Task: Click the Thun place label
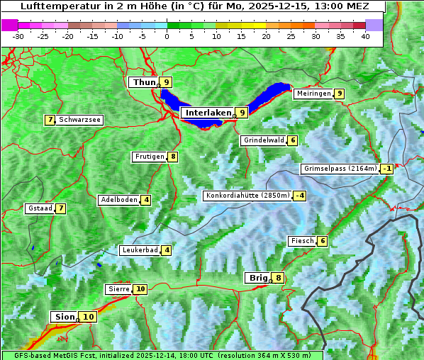(x=143, y=82)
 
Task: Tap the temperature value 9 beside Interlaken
(x=242, y=112)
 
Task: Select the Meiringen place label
(x=313, y=94)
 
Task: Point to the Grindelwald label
(x=264, y=140)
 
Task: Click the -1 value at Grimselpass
(x=386, y=169)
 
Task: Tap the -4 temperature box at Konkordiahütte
(x=300, y=196)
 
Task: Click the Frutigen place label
(x=149, y=157)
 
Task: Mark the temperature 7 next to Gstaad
(x=61, y=208)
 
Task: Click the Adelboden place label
(x=118, y=200)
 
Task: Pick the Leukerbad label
(x=139, y=250)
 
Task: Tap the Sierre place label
(x=118, y=289)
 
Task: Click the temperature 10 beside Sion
(x=88, y=317)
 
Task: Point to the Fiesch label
(x=301, y=241)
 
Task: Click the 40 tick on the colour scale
(x=365, y=36)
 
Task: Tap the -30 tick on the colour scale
(x=18, y=36)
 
